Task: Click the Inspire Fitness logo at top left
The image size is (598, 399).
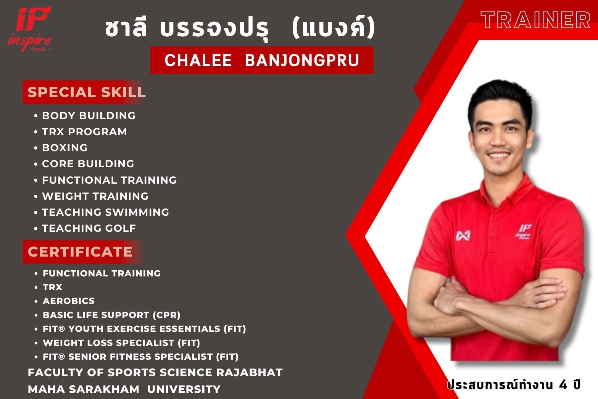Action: pos(30,29)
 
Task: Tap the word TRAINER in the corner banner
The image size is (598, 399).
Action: pos(535,20)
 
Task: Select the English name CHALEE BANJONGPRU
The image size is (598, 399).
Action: pos(262,60)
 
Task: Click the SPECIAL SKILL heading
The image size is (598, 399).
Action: pos(87,92)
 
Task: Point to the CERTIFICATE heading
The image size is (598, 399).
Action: pos(80,252)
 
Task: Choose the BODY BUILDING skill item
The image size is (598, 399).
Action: pos(89,116)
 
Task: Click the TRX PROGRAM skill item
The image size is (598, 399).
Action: pos(84,132)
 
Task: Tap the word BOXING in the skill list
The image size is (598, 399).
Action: pos(64,148)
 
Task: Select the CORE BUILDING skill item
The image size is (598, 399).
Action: pos(88,164)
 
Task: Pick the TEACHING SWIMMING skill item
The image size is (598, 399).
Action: pos(105,212)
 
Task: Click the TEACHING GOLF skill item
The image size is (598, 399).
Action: pos(89,228)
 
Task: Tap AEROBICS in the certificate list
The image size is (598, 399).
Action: pos(69,301)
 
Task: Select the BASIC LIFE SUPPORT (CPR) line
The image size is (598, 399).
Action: pos(111,315)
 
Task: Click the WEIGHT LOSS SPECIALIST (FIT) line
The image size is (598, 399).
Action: pos(121,343)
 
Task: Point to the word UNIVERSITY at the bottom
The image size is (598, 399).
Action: pos(184,389)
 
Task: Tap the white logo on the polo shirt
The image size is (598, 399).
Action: pos(463,235)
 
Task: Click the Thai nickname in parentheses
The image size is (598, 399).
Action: pos(334,27)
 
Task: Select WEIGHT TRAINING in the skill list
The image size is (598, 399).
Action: pos(95,196)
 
